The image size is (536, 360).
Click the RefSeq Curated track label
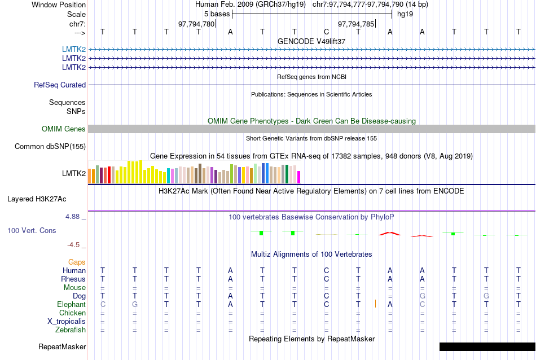click(x=60, y=85)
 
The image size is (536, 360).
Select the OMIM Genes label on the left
click(x=64, y=129)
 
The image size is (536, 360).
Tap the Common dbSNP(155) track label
click(x=50, y=147)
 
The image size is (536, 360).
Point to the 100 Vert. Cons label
click(x=32, y=230)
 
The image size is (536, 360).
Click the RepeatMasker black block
click(x=487, y=346)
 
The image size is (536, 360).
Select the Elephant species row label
click(x=71, y=305)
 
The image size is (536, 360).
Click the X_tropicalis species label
click(x=67, y=322)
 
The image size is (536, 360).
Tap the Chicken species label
click(x=72, y=313)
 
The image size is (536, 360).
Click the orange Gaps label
click(x=77, y=262)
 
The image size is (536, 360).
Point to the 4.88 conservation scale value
click(x=75, y=217)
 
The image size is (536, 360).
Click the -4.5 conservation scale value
click(x=76, y=245)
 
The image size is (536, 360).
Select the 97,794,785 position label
click(x=355, y=24)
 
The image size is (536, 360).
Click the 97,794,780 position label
click(x=196, y=24)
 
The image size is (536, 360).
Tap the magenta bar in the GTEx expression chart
click(x=299, y=177)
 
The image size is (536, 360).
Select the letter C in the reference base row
click(x=326, y=32)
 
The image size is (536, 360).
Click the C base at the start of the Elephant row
click(x=102, y=305)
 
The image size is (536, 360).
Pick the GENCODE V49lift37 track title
click(x=311, y=41)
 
